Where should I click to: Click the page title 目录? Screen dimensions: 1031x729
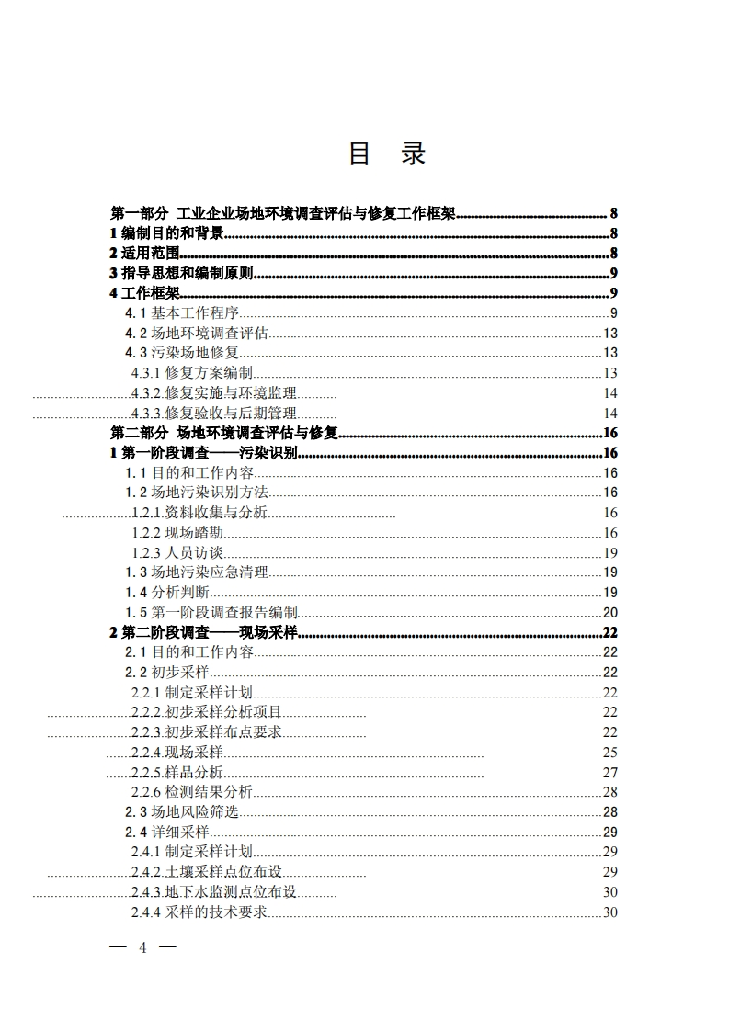pos(386,154)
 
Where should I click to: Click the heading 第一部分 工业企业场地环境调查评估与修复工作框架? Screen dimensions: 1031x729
pos(283,214)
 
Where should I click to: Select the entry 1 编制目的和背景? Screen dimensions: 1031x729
pos(166,233)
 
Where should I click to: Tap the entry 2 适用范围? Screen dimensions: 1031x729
pos(143,254)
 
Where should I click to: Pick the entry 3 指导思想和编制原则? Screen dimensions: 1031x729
pos(181,274)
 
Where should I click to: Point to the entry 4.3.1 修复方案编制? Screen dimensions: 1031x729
pos(192,373)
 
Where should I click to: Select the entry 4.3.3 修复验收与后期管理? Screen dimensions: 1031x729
pos(213,414)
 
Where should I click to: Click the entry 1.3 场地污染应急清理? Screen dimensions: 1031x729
pos(197,572)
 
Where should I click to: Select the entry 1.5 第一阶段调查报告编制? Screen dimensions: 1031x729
pos(211,613)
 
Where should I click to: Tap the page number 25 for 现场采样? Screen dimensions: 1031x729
pos(609,753)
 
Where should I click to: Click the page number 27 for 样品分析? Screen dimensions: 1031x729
pos(609,773)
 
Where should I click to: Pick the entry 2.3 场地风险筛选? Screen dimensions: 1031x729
pos(182,812)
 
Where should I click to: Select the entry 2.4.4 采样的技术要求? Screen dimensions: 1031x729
pos(199,912)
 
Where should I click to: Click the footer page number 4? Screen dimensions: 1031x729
pos(142,947)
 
